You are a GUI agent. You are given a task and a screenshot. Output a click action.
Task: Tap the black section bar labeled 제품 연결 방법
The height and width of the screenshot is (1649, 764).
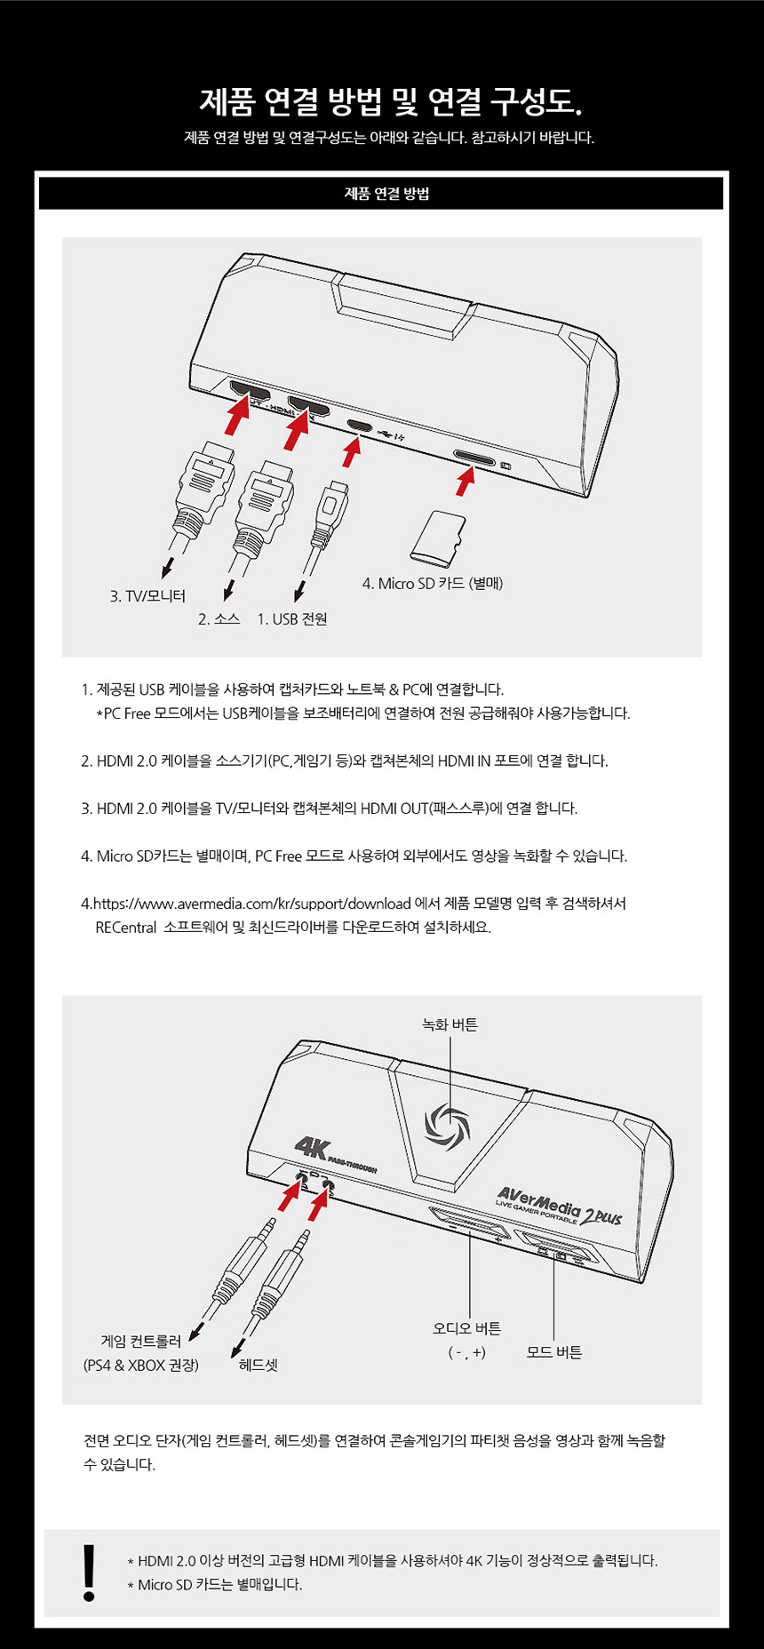(381, 194)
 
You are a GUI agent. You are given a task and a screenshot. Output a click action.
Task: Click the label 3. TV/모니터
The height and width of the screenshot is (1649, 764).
(147, 596)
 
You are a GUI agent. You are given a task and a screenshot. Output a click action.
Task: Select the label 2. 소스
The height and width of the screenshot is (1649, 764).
(219, 619)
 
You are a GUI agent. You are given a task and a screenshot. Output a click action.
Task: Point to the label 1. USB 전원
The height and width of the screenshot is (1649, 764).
(292, 619)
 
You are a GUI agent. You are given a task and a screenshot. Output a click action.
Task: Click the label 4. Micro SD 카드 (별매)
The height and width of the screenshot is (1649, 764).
(433, 584)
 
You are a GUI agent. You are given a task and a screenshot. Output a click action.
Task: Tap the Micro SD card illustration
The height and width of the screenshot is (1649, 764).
(438, 538)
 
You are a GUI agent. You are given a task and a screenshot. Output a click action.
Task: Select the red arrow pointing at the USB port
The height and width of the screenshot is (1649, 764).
(353, 451)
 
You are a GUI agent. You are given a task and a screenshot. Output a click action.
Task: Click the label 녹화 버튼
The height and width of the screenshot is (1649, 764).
(450, 1025)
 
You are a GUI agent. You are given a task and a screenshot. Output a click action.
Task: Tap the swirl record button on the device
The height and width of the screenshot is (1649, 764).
(447, 1126)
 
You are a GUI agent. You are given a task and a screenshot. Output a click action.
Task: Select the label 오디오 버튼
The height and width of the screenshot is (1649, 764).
(467, 1328)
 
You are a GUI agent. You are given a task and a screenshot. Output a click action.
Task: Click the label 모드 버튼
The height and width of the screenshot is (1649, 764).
(554, 1352)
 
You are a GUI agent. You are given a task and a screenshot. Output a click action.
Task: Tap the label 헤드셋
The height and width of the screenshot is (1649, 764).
(259, 1366)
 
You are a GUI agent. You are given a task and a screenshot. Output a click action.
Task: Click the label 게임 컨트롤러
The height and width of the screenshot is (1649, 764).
(141, 1342)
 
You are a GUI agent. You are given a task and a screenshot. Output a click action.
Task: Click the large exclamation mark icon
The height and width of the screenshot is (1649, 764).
(89, 1573)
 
